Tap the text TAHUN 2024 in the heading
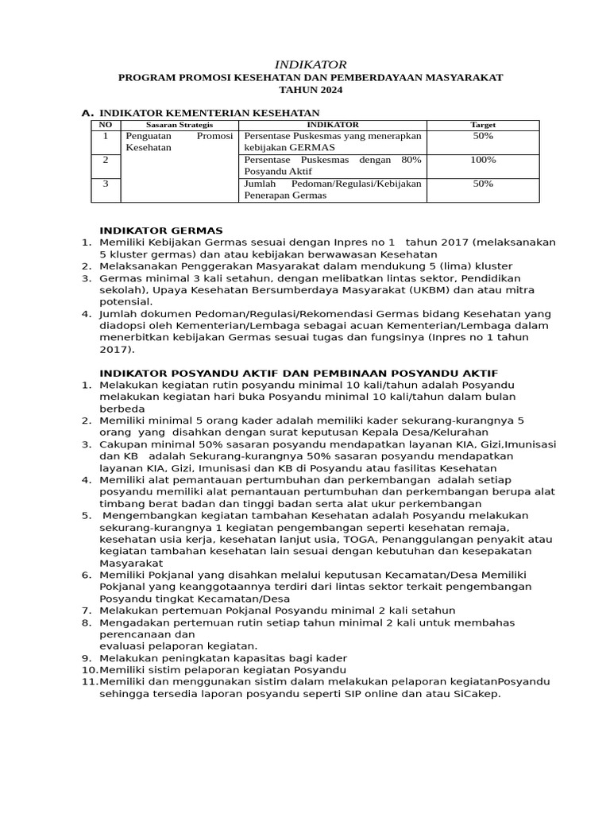click(311, 91)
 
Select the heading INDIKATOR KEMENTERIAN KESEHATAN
click(209, 113)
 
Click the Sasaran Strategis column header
click(180, 125)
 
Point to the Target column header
click(483, 125)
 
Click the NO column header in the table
click(105, 125)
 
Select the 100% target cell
click(483, 160)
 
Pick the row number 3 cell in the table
click(105, 184)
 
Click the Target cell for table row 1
click(483, 136)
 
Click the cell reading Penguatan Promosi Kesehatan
click(180, 141)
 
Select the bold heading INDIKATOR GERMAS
click(161, 231)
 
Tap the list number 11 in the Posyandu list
click(89, 681)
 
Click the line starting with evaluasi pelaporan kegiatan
click(179, 645)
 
